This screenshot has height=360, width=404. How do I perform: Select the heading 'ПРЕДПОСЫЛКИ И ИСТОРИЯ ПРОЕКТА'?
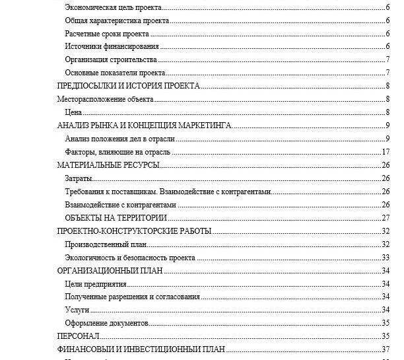click(x=129, y=86)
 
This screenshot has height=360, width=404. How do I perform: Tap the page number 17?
click(x=387, y=152)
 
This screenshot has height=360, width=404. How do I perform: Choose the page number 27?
click(x=387, y=218)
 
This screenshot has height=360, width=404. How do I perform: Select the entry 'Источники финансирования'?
click(x=112, y=46)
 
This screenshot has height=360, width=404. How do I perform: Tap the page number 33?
click(x=387, y=258)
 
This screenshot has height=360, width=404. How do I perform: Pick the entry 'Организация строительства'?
click(x=111, y=59)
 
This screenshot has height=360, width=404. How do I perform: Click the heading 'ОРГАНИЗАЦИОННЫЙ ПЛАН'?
click(x=110, y=271)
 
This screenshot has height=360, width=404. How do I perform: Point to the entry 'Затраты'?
click(x=78, y=178)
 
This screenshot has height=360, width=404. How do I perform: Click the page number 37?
click(x=387, y=349)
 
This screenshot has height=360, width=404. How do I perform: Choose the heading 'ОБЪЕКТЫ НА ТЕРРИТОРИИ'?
click(x=116, y=218)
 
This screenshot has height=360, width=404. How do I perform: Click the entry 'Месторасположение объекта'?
click(x=105, y=99)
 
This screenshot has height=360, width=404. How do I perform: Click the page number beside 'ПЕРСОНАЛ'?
click(x=387, y=336)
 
